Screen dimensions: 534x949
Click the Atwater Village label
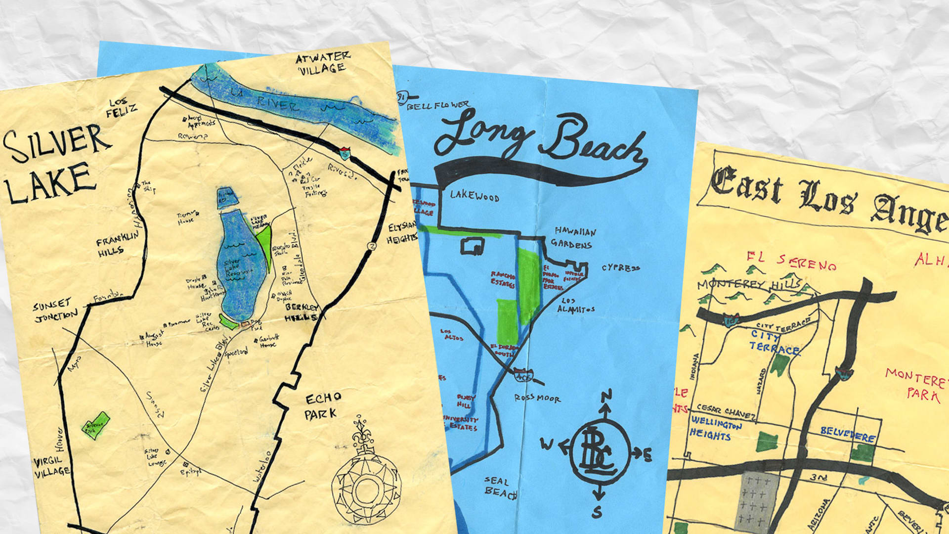322,63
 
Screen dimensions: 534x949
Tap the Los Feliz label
121,107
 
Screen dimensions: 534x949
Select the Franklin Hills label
117,244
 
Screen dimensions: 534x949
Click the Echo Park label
322,406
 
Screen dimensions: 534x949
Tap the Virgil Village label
51,467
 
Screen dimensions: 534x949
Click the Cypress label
620,268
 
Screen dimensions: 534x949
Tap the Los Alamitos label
575,305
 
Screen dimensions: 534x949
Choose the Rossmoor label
537,398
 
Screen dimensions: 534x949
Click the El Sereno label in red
791,261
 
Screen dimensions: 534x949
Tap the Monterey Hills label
749,285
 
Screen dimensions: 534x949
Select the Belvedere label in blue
847,434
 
